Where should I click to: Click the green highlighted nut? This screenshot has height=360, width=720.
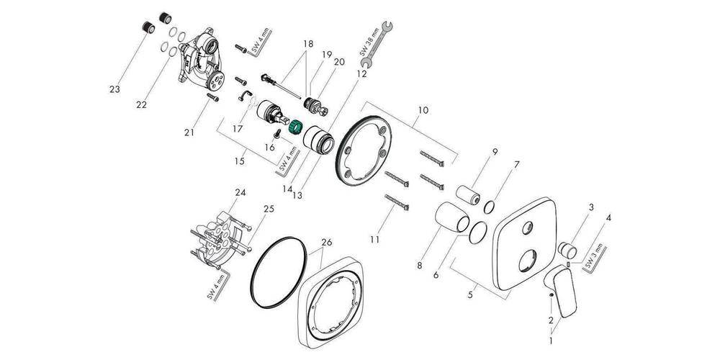point(294,129)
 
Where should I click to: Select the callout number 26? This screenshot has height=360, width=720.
point(326,242)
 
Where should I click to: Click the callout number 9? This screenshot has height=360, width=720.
point(495,151)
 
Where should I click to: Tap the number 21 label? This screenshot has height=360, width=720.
point(189,132)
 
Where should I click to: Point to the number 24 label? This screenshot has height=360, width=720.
point(240,193)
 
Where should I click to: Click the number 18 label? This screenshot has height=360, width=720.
point(309,44)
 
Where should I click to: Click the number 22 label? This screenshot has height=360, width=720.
point(141,105)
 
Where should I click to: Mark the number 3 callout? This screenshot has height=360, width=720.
point(590,207)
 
